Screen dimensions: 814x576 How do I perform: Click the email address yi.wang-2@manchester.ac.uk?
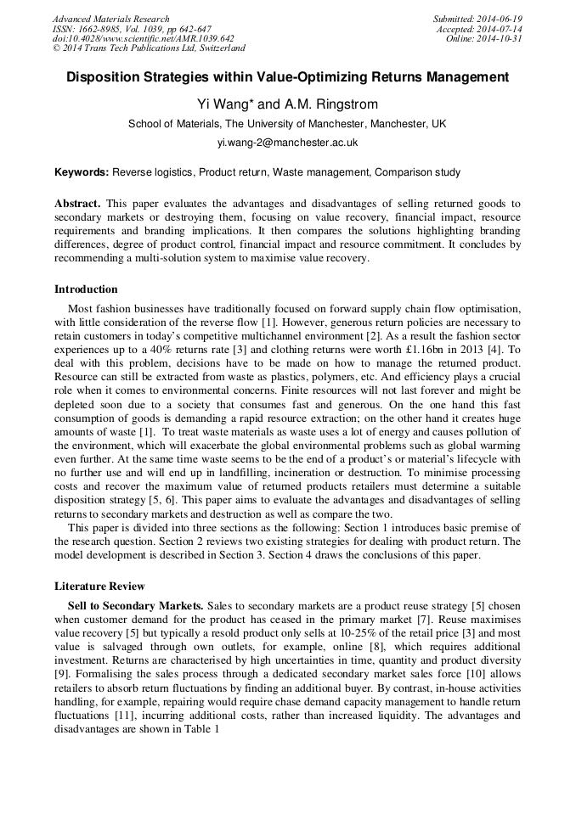[287, 143]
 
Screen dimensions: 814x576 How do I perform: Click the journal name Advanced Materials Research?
[111, 19]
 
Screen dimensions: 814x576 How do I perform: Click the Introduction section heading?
[86, 289]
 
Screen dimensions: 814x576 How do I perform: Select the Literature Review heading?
[99, 587]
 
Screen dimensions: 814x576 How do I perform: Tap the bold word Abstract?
[77, 204]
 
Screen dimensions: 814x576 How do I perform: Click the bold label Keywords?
[82, 172]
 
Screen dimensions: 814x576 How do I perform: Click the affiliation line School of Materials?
[287, 124]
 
